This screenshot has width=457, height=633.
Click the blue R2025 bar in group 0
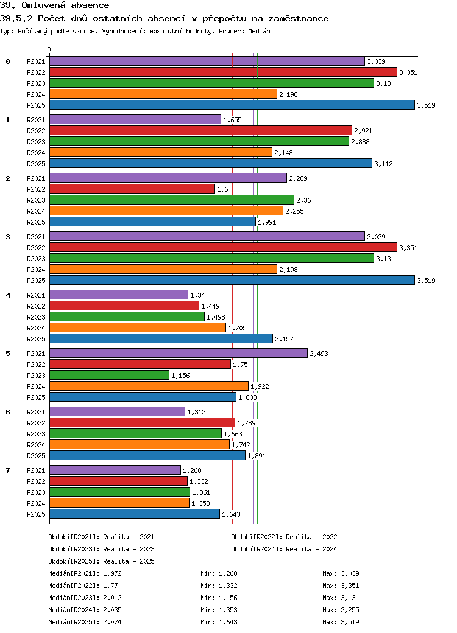coord(232,105)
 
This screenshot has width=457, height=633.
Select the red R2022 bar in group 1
coord(200,130)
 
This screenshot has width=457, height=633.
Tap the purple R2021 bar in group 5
coord(178,353)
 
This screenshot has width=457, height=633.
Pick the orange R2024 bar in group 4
coord(137,327)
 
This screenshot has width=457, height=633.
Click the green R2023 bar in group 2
coord(171,200)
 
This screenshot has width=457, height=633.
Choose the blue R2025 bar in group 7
coord(134,514)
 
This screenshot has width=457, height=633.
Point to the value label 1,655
coord(232,120)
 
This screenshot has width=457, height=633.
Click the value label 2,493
coord(319,354)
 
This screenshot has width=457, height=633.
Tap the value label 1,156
coord(180,376)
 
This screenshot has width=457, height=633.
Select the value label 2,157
coord(284,339)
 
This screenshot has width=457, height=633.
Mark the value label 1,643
coord(231,514)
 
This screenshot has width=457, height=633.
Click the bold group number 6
coord(8,412)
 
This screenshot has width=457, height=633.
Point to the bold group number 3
coord(8,237)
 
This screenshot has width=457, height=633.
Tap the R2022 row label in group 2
coord(36,189)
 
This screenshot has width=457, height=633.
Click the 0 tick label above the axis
coord(49,50)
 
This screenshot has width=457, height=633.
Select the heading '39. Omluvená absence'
coord(55,5)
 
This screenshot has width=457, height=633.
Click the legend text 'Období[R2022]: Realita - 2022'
coord(284,537)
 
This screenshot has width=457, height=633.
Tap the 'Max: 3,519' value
coord(341,622)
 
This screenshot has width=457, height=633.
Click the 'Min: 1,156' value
coord(219,598)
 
